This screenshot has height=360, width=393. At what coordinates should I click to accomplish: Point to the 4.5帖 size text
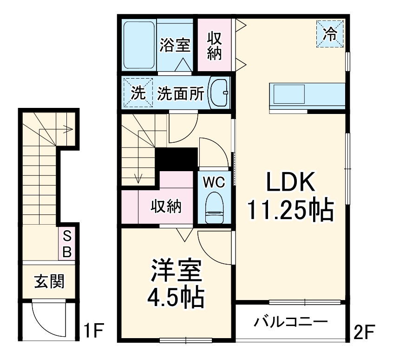[176, 298]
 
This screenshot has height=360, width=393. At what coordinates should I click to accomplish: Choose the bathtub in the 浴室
[139, 46]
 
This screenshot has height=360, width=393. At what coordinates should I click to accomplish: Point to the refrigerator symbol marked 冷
[329, 34]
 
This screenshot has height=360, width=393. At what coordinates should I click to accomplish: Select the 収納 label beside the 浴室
[214, 46]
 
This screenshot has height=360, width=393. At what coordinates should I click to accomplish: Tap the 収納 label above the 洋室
[165, 207]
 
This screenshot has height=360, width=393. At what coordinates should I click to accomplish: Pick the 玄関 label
[49, 281]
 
